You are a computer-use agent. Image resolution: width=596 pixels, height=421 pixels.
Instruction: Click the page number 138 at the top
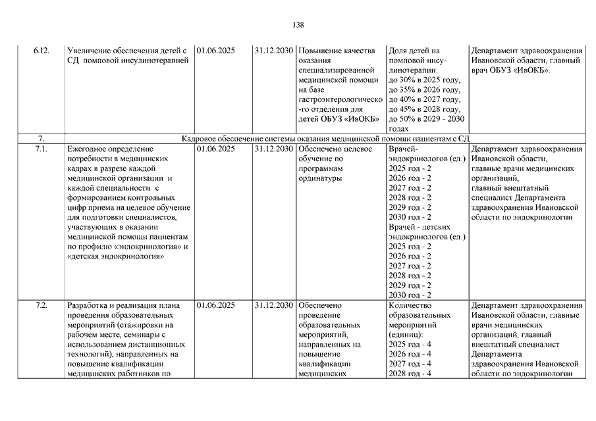coord(298,25)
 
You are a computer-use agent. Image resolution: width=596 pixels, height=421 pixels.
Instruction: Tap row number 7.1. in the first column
coord(41,149)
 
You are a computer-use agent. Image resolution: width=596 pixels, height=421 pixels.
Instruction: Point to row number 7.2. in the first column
coord(41,306)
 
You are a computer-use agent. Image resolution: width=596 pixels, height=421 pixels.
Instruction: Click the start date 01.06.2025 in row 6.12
coord(215,51)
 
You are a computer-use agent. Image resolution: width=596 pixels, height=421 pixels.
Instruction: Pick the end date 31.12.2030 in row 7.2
coord(273,306)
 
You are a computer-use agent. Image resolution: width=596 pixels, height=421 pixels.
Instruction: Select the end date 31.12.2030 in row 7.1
coord(273,149)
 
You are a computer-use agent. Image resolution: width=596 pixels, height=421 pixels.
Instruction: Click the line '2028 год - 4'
coord(410,374)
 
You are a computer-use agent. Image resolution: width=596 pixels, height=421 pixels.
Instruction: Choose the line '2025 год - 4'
coord(410,344)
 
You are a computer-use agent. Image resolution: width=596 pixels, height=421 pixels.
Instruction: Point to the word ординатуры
coord(321,178)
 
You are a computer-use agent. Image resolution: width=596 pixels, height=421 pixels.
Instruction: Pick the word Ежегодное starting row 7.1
coord(89,149)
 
